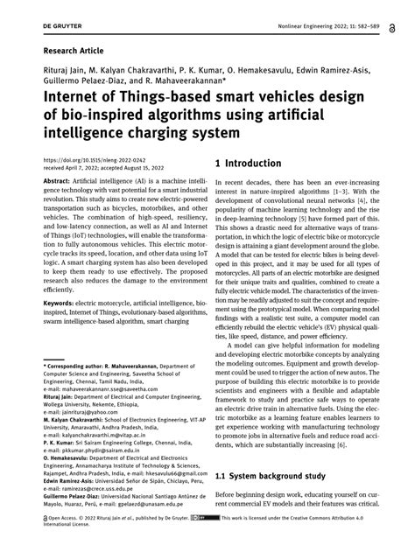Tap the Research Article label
pos(66,50)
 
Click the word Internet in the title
pos(69,103)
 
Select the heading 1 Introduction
pos(256,164)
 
